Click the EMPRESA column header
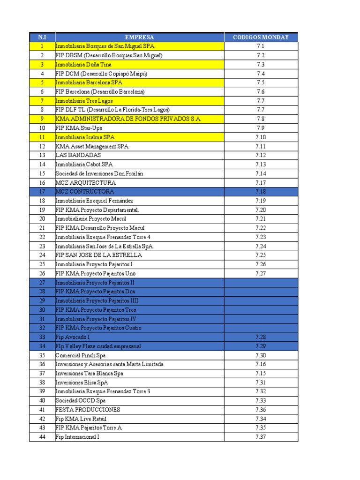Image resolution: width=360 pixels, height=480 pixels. [x=139, y=37]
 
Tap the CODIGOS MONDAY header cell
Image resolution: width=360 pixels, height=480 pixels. [x=261, y=37]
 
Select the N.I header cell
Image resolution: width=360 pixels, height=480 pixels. [x=42, y=37]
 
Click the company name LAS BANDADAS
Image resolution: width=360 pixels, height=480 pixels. [x=78, y=155]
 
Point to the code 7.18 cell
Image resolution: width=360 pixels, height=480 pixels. [x=261, y=192]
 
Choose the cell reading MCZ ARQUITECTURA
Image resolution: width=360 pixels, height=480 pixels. [x=85, y=183]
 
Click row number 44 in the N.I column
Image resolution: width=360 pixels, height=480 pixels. [x=42, y=437]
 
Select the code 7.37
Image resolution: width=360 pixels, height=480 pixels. [x=261, y=437]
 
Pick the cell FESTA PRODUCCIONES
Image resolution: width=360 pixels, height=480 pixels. [x=88, y=410]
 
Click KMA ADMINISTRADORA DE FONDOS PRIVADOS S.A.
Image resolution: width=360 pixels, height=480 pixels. [x=128, y=119]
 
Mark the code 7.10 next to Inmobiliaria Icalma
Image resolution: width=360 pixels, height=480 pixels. [x=261, y=137]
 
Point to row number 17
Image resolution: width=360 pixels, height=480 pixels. [x=42, y=192]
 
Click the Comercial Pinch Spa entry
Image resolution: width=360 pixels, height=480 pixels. [x=81, y=355]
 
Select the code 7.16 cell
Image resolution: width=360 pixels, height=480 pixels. [x=261, y=364]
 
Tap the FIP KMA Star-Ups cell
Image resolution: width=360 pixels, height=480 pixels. [x=79, y=128]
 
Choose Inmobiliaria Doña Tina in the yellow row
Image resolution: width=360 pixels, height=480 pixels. [x=81, y=65]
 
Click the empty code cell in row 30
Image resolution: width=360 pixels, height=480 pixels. [x=261, y=310]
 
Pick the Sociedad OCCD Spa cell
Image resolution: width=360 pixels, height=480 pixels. [x=80, y=401]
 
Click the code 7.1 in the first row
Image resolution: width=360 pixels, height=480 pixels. [x=261, y=46]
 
